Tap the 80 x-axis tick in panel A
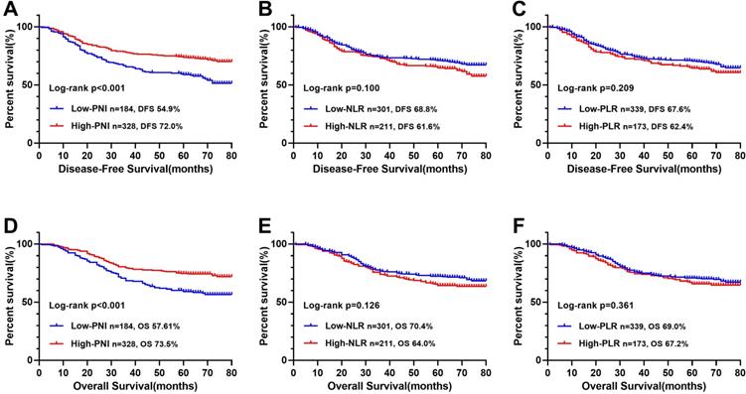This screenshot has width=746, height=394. tap(232, 155)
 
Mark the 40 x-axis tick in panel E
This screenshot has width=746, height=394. tap(390, 371)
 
